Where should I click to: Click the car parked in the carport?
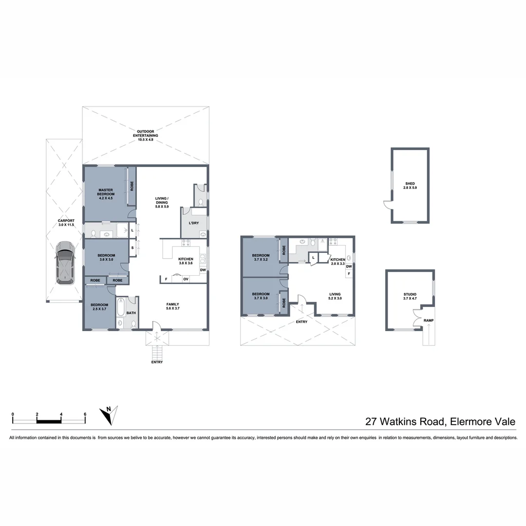click(x=64, y=263)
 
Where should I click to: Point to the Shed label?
click(x=410, y=186)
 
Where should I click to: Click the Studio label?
click(x=410, y=296)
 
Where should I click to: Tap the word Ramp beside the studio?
click(x=428, y=320)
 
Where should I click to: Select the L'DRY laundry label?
click(x=194, y=223)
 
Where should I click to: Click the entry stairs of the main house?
click(x=157, y=351)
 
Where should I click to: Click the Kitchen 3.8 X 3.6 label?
click(x=186, y=261)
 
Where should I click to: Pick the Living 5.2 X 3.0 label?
click(x=335, y=296)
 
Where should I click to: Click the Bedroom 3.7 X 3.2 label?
click(x=261, y=257)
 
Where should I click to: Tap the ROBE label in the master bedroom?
click(x=131, y=186)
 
